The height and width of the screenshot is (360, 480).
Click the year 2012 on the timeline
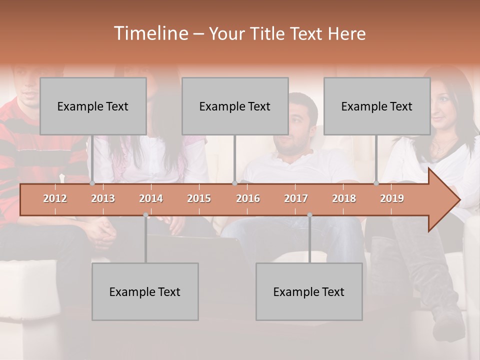point(55,199)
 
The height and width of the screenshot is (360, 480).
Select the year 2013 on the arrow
point(103,199)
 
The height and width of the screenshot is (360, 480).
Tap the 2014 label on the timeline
point(151,199)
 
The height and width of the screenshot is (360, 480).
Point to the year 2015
point(199,199)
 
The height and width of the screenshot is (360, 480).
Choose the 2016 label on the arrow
point(248,199)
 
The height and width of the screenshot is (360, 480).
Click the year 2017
point(296,199)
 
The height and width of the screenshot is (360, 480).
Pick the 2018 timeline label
point(344,199)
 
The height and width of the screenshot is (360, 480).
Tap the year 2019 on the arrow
point(392,199)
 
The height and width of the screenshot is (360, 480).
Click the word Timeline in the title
point(150,33)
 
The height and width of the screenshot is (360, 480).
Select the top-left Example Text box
point(93,106)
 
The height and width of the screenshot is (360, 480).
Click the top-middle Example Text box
point(235,106)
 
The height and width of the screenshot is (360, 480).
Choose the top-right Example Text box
point(377,106)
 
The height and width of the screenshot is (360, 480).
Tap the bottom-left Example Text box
point(145,291)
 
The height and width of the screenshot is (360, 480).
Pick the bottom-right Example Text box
point(309,291)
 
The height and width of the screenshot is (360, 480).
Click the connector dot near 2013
point(92,183)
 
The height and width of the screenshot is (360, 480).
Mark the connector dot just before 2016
point(234,183)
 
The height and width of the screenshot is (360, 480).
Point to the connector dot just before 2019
point(376,183)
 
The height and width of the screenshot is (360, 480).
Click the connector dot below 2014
point(145,215)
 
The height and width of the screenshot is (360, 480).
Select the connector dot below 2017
point(309,215)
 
